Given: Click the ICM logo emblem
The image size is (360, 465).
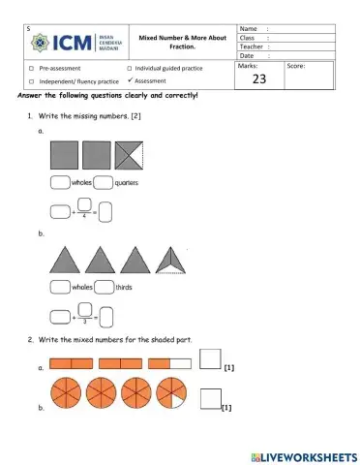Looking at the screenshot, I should [x=47, y=44].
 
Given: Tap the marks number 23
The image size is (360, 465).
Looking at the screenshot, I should [x=258, y=80].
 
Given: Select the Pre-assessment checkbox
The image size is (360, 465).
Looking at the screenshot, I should [x=32, y=70].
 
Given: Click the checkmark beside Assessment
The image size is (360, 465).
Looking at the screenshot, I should [x=130, y=81].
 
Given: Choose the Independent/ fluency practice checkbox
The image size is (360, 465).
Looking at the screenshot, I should [x=32, y=81].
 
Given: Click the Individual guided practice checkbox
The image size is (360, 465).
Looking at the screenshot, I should [x=130, y=70].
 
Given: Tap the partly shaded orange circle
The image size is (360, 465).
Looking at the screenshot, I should [x=175, y=395].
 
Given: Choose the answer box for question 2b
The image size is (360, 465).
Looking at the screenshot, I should [x=209, y=398].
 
